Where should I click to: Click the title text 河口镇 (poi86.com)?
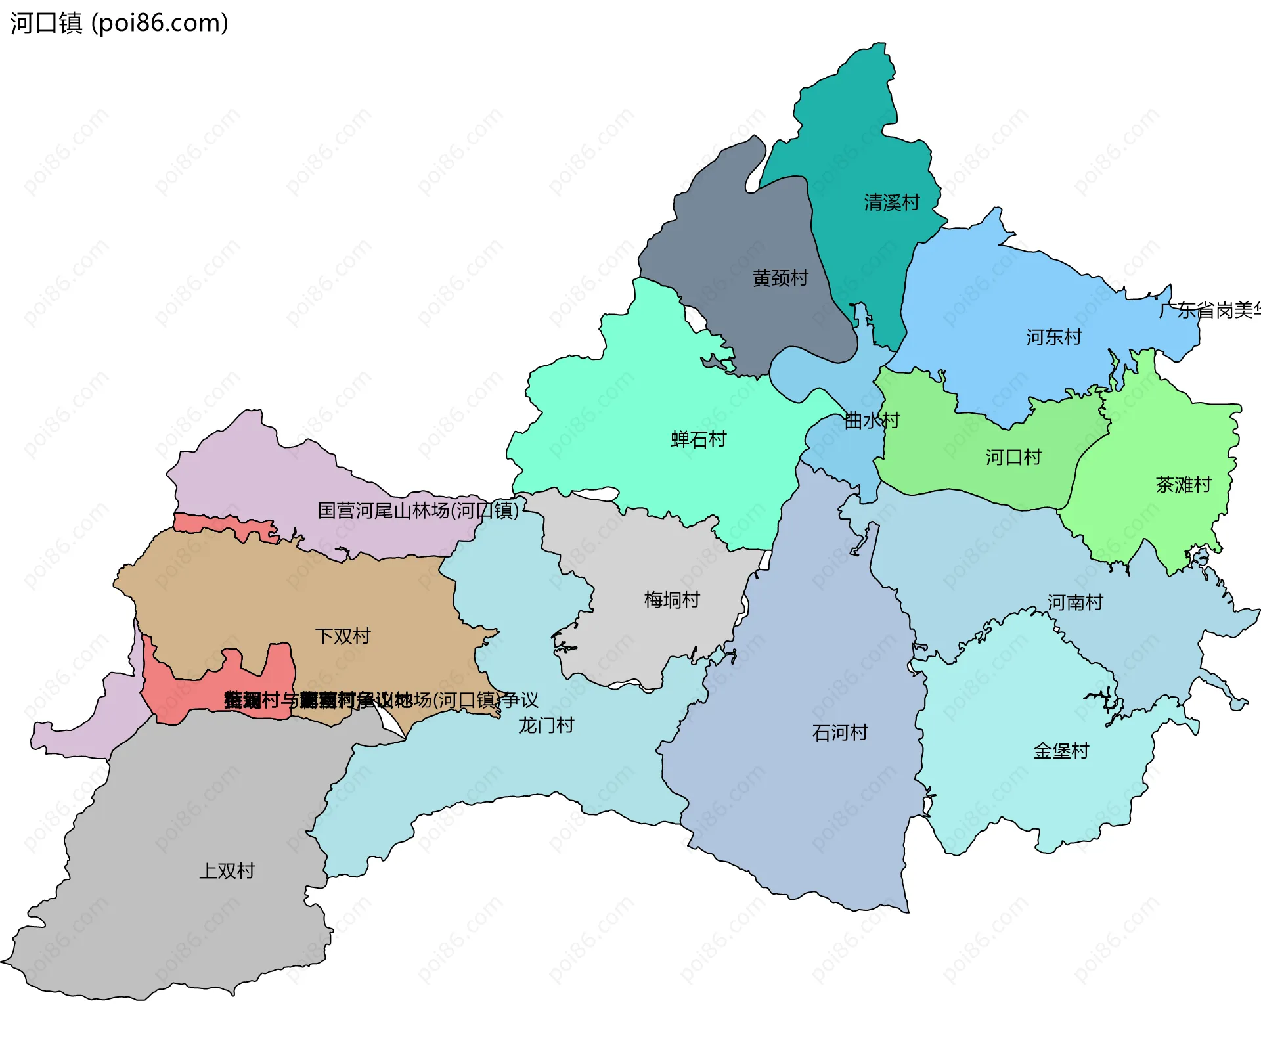119,23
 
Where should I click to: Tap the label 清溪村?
891,202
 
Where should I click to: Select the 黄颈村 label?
780,278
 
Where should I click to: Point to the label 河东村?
1053,337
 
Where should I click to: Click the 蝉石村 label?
698,439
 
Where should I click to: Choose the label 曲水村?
871,420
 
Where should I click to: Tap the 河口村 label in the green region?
1013,456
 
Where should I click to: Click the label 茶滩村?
1183,485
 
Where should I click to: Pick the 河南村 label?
1074,602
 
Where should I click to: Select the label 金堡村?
1061,750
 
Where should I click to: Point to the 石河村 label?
839,732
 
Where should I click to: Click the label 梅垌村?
671,599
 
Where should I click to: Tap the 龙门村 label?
546,724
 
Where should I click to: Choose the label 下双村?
342,635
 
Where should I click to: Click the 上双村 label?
227,870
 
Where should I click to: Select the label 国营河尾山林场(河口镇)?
418,510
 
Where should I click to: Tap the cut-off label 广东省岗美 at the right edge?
1210,309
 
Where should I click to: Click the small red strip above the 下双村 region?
223,524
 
